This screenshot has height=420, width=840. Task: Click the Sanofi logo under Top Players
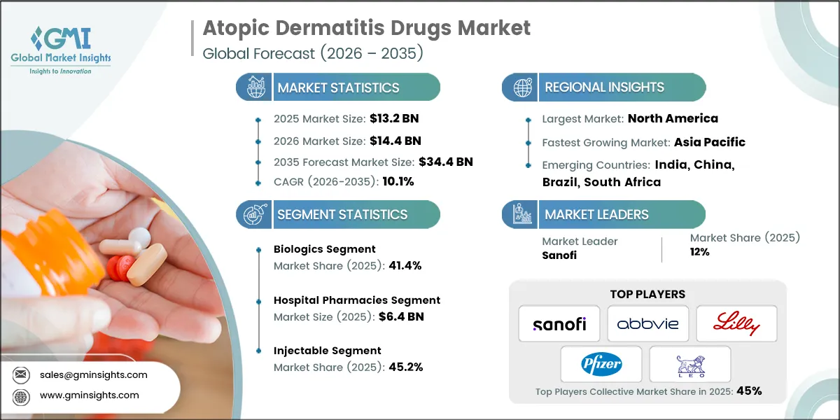pos(559,323)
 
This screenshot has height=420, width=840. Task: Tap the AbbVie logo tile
pos(647,323)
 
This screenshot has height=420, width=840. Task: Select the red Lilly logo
pos(736,323)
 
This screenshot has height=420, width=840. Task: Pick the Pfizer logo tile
pos(601,364)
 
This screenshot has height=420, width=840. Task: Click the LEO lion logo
pos(689,364)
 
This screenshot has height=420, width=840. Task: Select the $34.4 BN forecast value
pos(446,162)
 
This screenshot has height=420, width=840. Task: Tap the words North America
pos(673,118)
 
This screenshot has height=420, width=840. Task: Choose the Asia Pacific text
pos(709,142)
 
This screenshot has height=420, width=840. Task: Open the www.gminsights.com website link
pos(88,395)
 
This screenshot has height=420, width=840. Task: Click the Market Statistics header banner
pos(338,87)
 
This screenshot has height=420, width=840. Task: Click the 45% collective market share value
pos(748,391)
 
